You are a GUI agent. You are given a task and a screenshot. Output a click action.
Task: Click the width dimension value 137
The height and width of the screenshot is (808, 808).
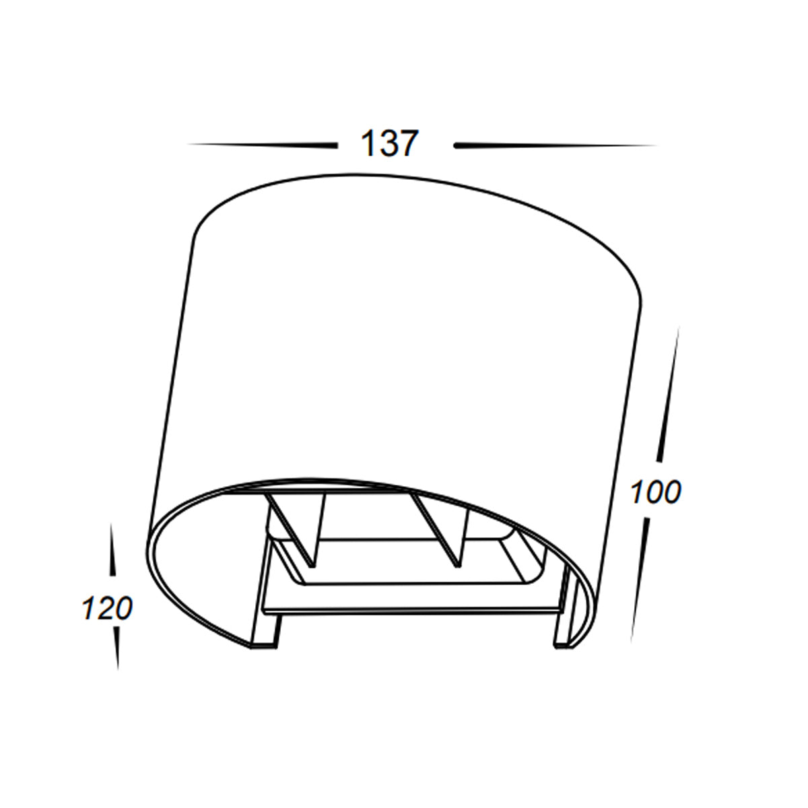coord(390,144)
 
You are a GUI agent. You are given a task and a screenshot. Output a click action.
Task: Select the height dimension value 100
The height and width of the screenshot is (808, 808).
coord(656,492)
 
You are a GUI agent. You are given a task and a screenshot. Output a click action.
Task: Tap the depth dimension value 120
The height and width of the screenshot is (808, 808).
coord(107,609)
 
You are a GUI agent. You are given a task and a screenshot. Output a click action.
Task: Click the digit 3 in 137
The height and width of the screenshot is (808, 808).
coord(386,144)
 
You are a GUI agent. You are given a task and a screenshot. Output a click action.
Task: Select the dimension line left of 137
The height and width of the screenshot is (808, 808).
coord(262,145)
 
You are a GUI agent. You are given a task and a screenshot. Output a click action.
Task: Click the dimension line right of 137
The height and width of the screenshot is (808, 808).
coord(555,145)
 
